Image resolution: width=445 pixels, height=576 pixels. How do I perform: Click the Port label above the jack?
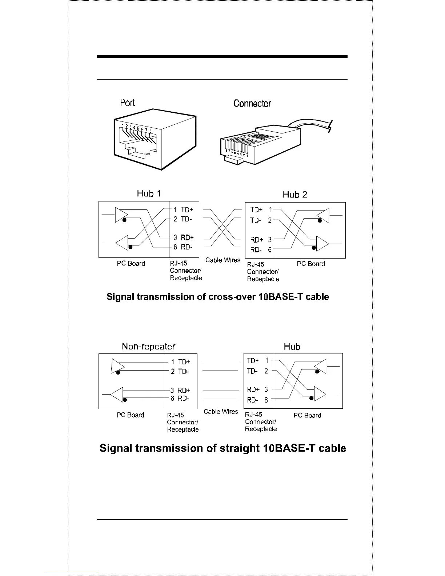127,103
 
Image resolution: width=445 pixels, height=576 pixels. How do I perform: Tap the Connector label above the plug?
252,104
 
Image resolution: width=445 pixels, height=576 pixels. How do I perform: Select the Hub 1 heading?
149,193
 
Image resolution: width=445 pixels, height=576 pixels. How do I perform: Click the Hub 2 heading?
295,195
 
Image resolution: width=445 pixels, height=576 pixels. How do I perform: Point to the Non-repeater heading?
148,347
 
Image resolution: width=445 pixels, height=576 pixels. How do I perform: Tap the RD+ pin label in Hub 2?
257,240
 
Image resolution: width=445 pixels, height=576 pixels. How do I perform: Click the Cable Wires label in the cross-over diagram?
223,260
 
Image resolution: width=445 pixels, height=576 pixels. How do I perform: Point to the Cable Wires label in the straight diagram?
221,412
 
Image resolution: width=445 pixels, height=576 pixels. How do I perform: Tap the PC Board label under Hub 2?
311,264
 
